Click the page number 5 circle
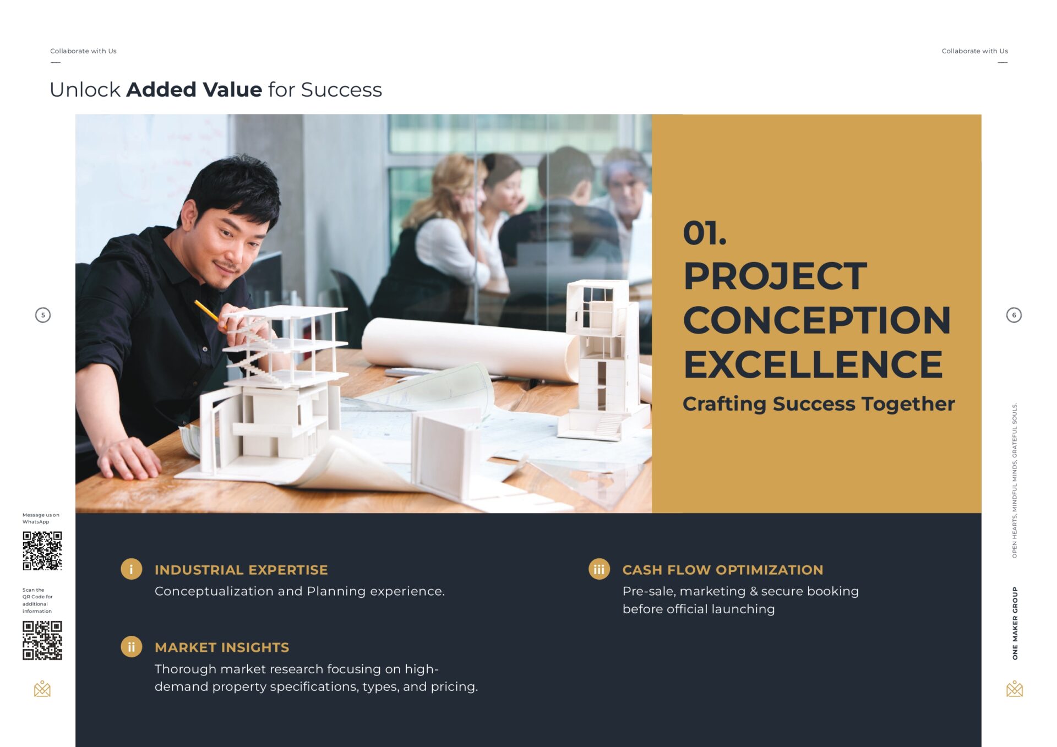click(x=43, y=315)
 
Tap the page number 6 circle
click(x=1014, y=315)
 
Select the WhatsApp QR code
click(x=42, y=550)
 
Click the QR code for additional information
click(x=42, y=640)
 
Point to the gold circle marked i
click(x=131, y=569)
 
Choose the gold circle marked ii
click(x=131, y=647)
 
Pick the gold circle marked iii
click(x=599, y=569)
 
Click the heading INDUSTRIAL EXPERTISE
click(x=241, y=570)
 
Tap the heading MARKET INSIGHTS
click(x=222, y=647)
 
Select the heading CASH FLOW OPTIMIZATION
click(x=723, y=570)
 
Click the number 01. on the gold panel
click(x=705, y=233)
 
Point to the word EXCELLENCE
click(x=813, y=364)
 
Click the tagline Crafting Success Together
click(x=819, y=404)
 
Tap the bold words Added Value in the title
click(x=194, y=90)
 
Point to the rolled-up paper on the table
click(x=468, y=347)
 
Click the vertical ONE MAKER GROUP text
click(x=1015, y=623)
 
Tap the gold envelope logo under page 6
click(x=1014, y=689)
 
